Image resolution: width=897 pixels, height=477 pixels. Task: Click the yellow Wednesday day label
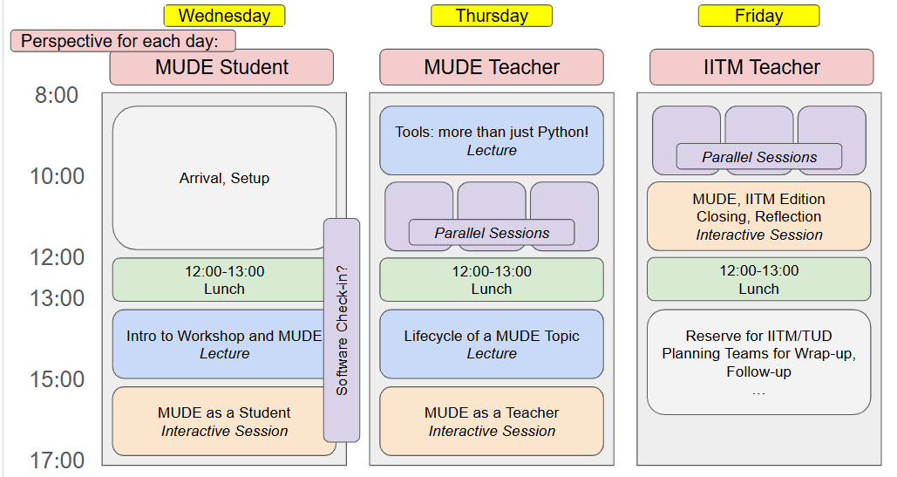point(224,16)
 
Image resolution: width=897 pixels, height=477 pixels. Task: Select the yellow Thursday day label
point(492,16)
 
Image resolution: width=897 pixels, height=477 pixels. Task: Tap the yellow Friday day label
point(758,16)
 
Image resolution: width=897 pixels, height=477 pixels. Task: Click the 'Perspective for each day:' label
point(123,41)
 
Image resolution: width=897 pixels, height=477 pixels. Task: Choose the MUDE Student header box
point(221,67)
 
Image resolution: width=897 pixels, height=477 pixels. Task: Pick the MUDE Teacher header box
point(492,67)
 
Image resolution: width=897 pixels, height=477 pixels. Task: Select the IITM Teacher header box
point(761,67)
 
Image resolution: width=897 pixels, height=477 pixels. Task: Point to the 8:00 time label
point(57,95)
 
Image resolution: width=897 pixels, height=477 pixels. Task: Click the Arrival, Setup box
point(224,178)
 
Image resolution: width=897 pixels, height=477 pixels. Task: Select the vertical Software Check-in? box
point(341,330)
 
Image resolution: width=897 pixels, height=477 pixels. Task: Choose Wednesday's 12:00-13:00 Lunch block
point(224,280)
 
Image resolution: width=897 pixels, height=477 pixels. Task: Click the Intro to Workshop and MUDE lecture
point(218,344)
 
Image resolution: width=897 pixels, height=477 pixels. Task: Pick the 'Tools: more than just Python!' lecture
point(492,140)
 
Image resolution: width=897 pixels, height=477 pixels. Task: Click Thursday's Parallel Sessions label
point(492,233)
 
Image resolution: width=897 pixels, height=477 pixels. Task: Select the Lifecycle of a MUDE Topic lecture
point(492,344)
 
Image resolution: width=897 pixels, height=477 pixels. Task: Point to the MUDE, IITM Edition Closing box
point(758,216)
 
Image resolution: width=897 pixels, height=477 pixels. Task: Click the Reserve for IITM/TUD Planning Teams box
point(758,362)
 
